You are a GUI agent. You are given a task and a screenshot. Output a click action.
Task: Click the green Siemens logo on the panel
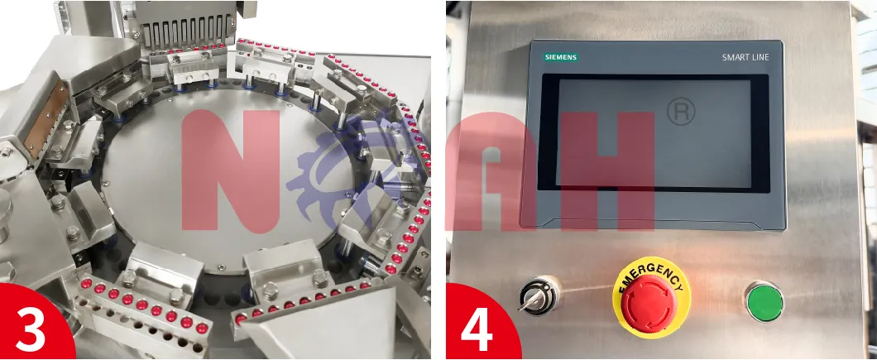pos(560,57)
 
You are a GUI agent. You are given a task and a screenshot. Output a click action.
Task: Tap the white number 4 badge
pos(477,330)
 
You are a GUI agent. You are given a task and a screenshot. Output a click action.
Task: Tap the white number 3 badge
pos(31,330)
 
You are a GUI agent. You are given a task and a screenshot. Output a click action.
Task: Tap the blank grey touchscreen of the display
pos(654,132)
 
